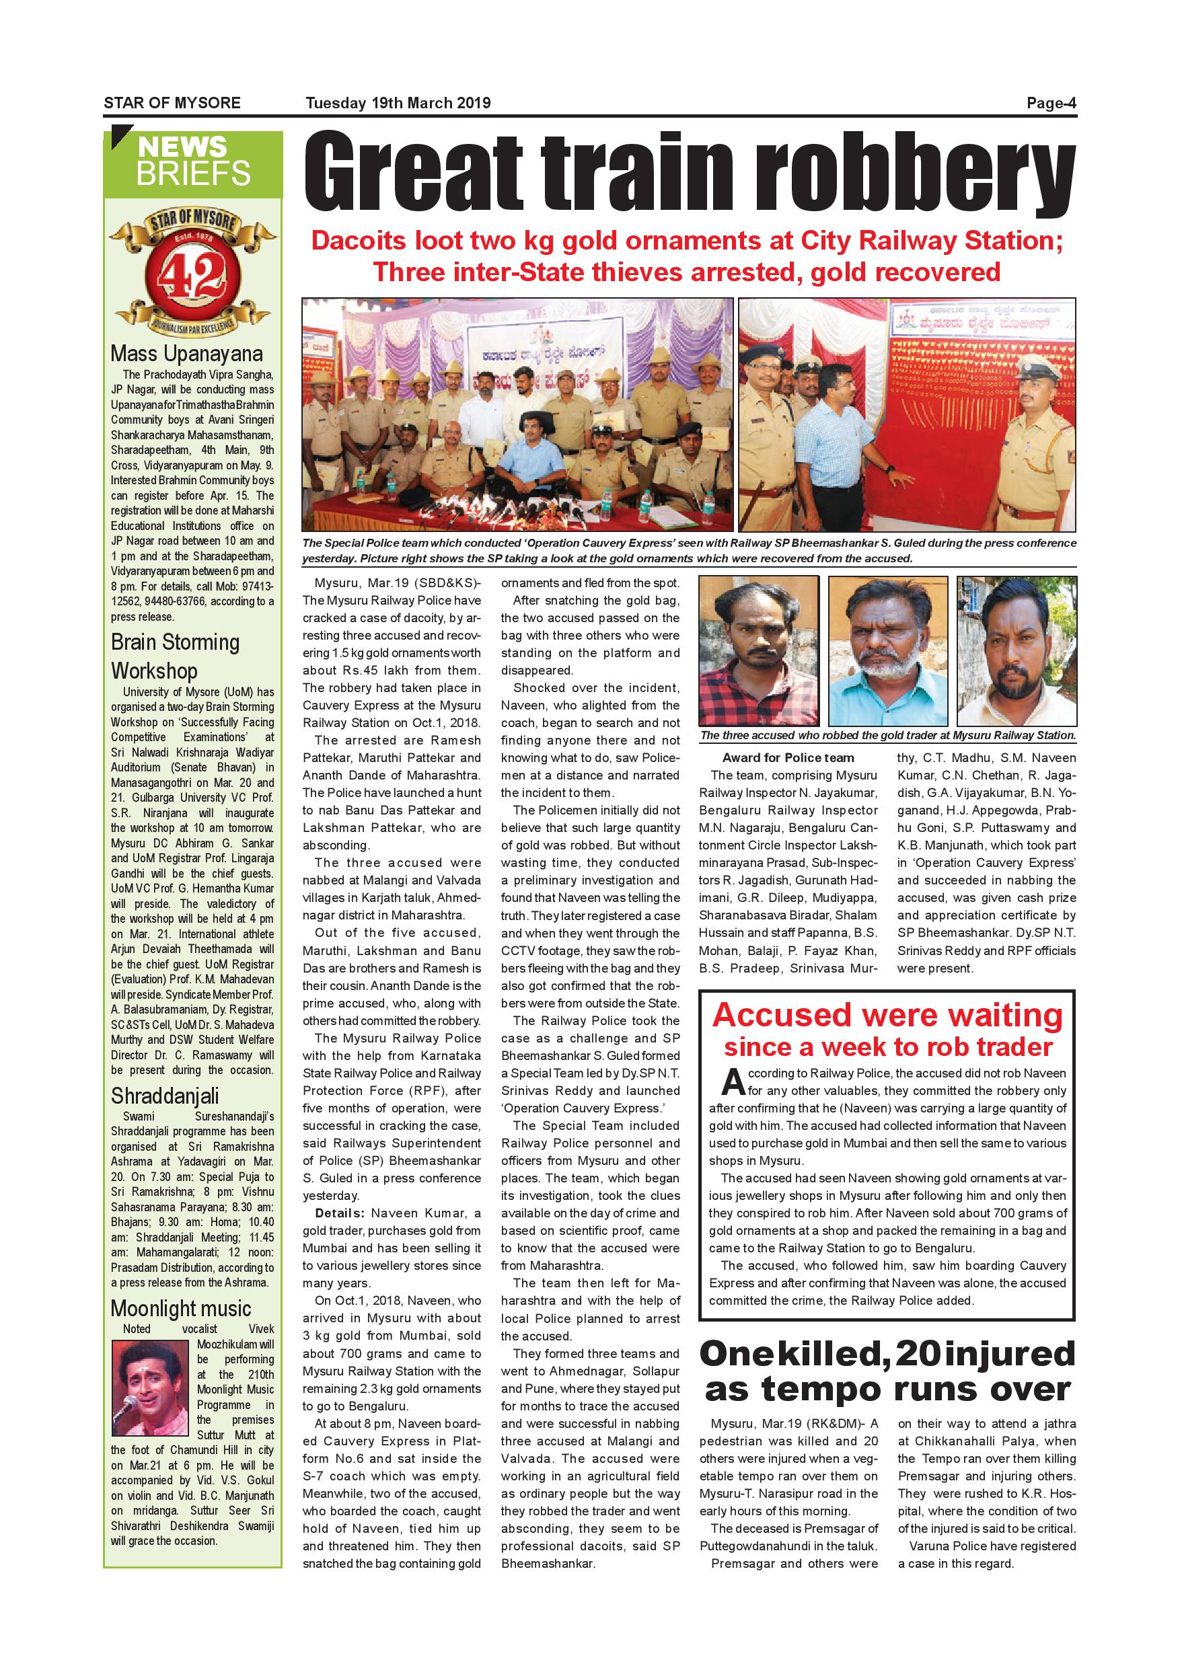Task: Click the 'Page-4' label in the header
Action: pos(1051,103)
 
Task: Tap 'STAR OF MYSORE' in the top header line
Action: pos(172,103)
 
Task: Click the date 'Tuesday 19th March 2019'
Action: pos(398,103)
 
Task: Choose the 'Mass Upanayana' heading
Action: pos(187,354)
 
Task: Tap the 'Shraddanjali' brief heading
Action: pos(165,1096)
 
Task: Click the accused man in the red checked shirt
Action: pos(758,650)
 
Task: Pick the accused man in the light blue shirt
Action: pos(888,650)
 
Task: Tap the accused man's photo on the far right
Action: pos(1017,650)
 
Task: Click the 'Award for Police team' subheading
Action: pos(788,758)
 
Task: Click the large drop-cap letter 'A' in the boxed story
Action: pos(733,1082)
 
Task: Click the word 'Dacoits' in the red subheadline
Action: pos(357,241)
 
